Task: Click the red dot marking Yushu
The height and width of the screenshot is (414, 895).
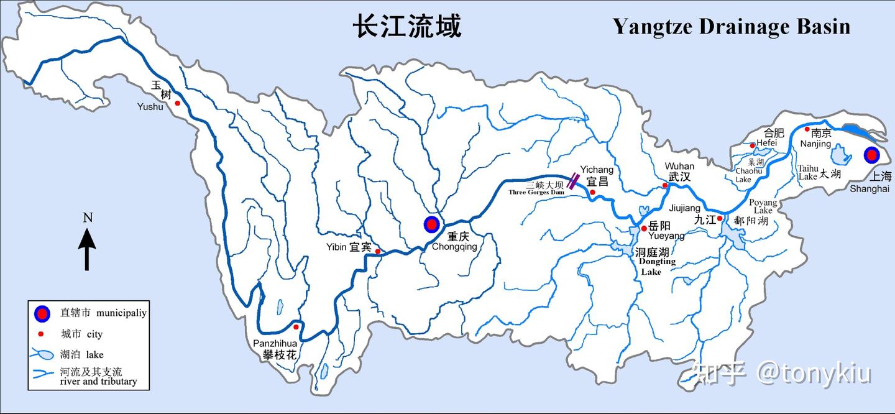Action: point(178,103)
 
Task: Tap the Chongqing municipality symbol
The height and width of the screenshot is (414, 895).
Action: point(431,224)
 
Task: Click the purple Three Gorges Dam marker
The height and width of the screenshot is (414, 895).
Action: point(574,181)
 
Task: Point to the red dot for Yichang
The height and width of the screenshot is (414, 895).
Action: point(592,193)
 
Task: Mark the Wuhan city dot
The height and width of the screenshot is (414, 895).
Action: point(665,185)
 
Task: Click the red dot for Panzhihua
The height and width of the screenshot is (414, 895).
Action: point(296,327)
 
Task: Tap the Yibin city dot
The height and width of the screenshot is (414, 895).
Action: point(377,251)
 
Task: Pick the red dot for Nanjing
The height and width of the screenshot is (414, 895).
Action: point(807,129)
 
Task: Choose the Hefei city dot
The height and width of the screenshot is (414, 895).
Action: point(753,145)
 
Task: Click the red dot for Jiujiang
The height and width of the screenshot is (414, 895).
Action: point(719,218)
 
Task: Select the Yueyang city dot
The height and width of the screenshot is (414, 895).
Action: point(643,229)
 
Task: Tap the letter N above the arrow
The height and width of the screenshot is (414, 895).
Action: point(88,218)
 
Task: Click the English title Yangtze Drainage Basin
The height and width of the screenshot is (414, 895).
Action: point(731,27)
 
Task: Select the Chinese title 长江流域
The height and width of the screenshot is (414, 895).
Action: point(407,27)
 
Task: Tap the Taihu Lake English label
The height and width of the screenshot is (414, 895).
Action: point(808,172)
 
